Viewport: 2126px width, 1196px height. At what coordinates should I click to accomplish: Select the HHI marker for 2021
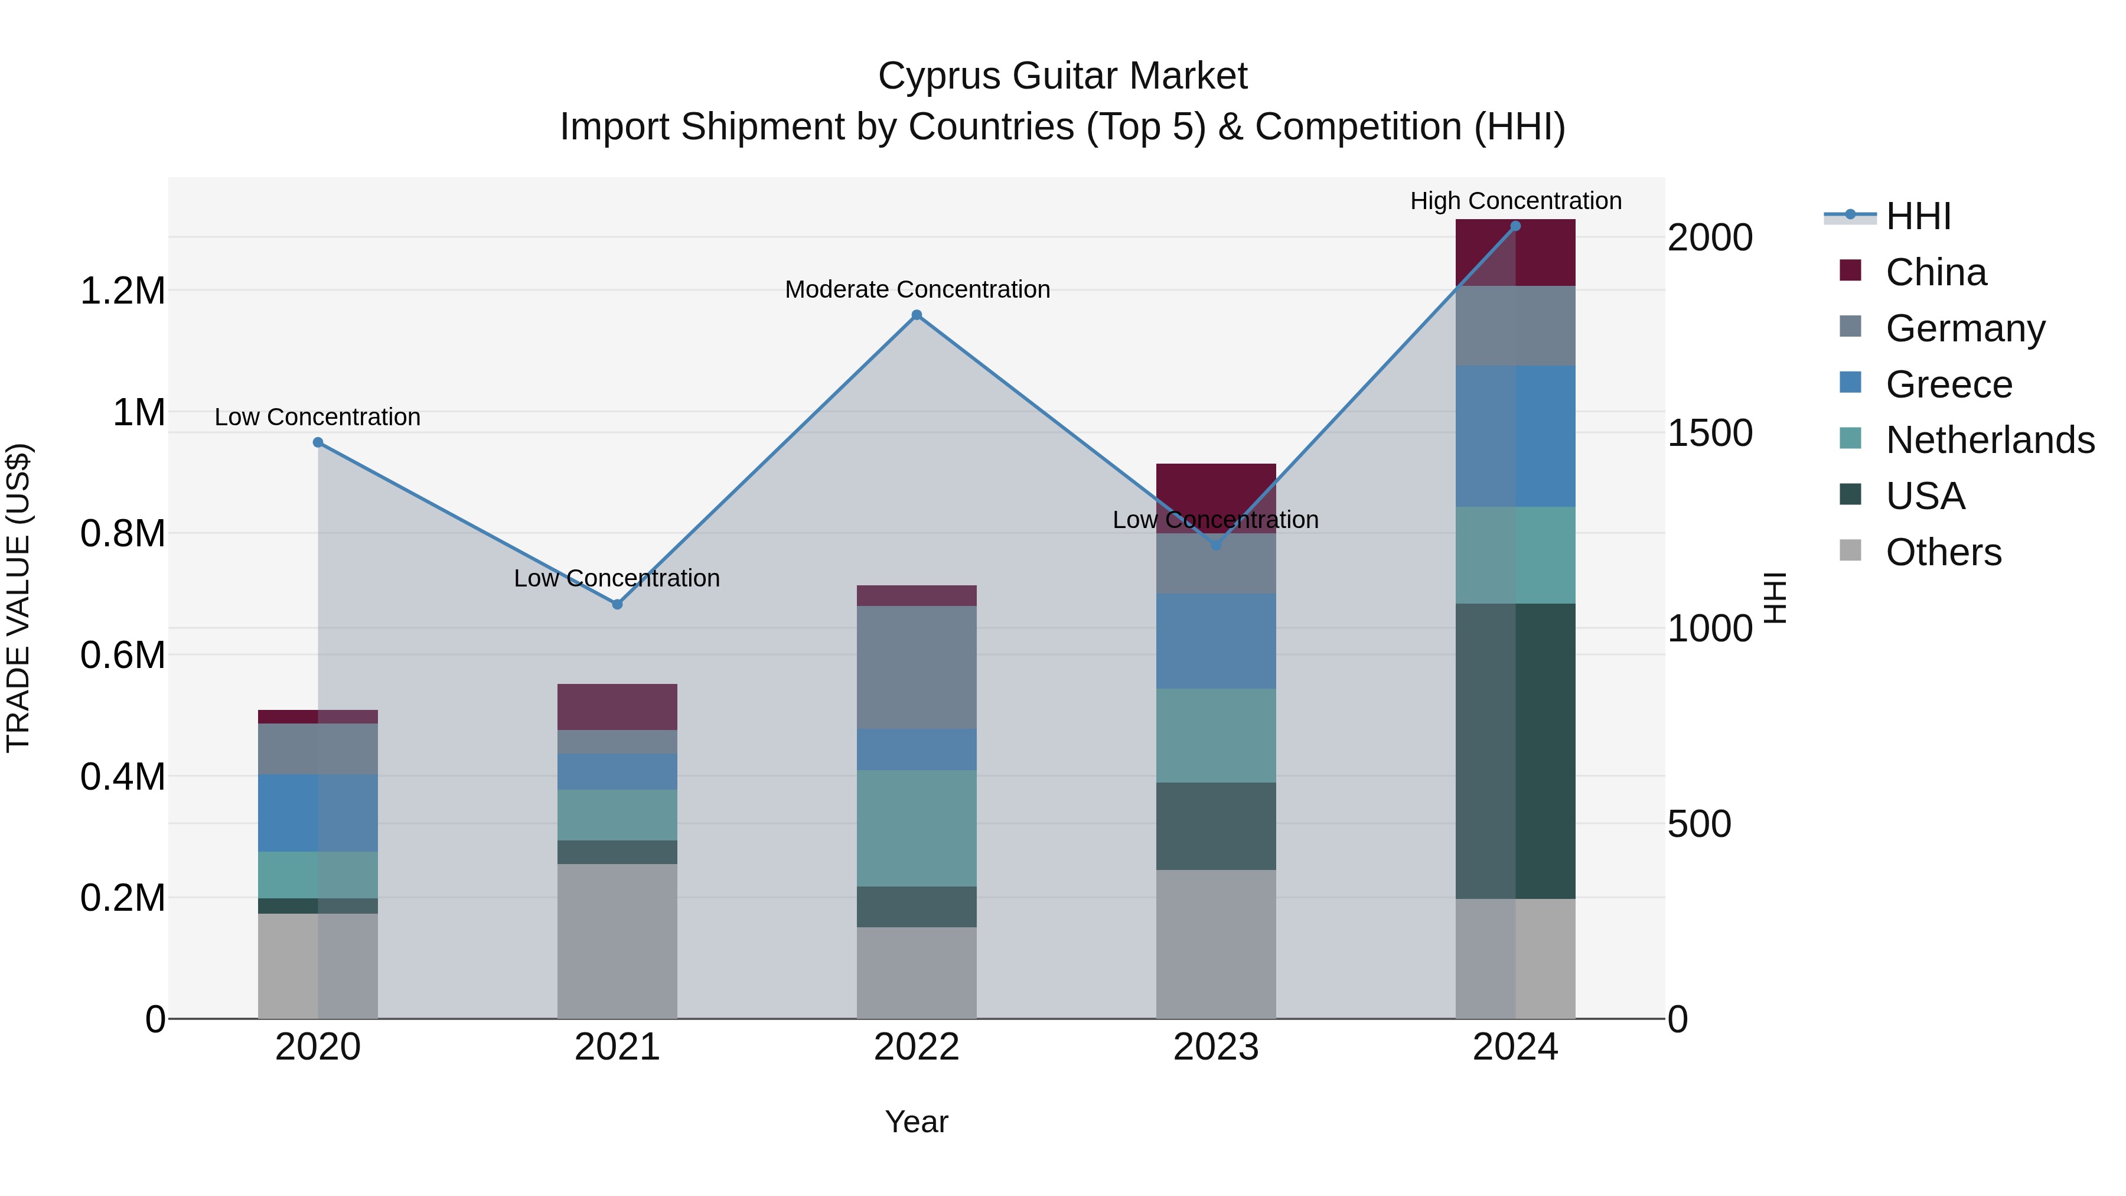tap(617, 604)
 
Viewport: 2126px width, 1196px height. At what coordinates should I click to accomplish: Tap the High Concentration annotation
tap(1515, 201)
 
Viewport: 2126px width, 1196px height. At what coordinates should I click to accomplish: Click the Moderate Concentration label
tap(917, 290)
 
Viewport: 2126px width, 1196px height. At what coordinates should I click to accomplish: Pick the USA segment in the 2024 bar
tap(1515, 751)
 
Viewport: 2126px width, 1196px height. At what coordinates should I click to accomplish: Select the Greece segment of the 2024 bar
tap(1515, 436)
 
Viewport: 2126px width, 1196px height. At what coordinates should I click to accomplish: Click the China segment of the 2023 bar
tap(1216, 487)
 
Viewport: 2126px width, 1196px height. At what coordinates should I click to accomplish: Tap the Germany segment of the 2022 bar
tap(916, 667)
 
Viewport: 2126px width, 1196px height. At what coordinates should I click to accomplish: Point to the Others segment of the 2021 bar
tap(617, 941)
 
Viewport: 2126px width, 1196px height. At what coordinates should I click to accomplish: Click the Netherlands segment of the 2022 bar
tap(916, 828)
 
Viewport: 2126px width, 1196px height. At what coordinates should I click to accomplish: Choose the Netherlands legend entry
tap(1990, 440)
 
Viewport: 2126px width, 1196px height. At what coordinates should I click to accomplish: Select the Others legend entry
tap(1943, 552)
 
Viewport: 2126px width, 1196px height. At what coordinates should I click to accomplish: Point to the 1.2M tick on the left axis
tap(122, 291)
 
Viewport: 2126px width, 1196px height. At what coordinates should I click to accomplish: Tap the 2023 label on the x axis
tap(1216, 1047)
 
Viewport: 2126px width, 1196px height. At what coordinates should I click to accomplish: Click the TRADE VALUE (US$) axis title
tap(19, 598)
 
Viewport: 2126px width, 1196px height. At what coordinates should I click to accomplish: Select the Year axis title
tap(916, 1122)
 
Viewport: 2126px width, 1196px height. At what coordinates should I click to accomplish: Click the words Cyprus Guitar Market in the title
tap(1062, 76)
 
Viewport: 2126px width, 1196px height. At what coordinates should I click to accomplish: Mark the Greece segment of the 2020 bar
tap(318, 813)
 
